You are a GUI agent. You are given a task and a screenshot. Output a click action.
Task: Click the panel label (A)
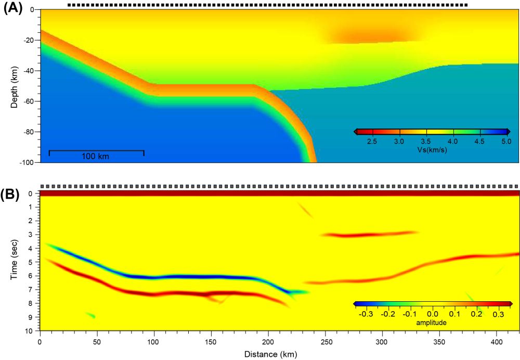(13, 9)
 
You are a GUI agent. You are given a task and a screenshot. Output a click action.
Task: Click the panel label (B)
(13, 195)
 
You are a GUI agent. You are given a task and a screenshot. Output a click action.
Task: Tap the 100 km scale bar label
(96, 156)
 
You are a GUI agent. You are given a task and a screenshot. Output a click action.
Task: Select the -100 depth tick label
(27, 163)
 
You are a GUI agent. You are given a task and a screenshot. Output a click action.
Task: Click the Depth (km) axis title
(14, 86)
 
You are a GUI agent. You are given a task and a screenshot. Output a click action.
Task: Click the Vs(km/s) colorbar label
(432, 150)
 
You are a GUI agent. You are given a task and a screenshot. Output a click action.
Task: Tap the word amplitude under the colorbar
(431, 323)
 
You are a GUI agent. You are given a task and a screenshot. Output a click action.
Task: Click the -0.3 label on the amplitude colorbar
(367, 314)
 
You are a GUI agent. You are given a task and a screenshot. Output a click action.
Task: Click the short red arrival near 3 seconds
(369, 234)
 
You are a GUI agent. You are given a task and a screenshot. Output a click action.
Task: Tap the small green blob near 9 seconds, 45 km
(90, 315)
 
